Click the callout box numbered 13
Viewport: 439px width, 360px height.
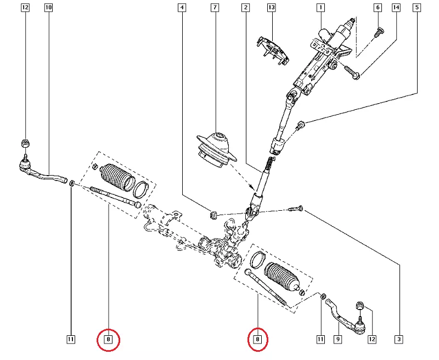click(271, 8)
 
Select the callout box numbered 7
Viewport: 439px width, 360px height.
click(214, 8)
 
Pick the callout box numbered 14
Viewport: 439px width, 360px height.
click(396, 8)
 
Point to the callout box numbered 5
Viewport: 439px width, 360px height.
click(418, 8)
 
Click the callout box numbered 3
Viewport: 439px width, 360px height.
click(399, 340)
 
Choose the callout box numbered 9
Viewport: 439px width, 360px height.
click(337, 340)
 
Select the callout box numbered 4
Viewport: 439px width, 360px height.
click(181, 8)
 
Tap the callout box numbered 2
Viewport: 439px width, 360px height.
click(245, 8)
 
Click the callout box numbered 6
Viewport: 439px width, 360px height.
click(377, 8)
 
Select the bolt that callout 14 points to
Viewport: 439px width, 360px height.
click(352, 72)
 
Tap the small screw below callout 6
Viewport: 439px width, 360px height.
click(378, 33)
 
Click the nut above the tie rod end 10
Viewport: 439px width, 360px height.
click(25, 143)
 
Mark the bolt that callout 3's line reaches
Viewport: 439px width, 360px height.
click(297, 209)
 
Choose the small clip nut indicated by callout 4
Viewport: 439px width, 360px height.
click(215, 212)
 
